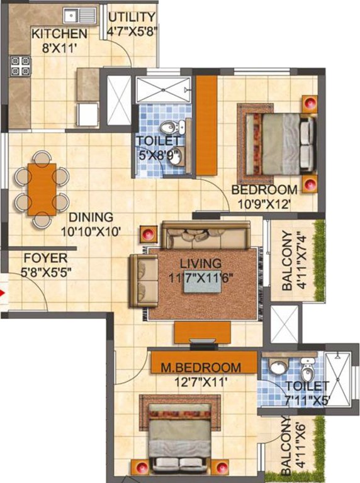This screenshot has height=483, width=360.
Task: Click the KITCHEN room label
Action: point(60,33)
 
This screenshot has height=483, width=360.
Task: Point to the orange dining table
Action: point(42,189)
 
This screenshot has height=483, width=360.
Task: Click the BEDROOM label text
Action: point(264,190)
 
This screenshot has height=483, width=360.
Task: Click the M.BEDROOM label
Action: point(200,367)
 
